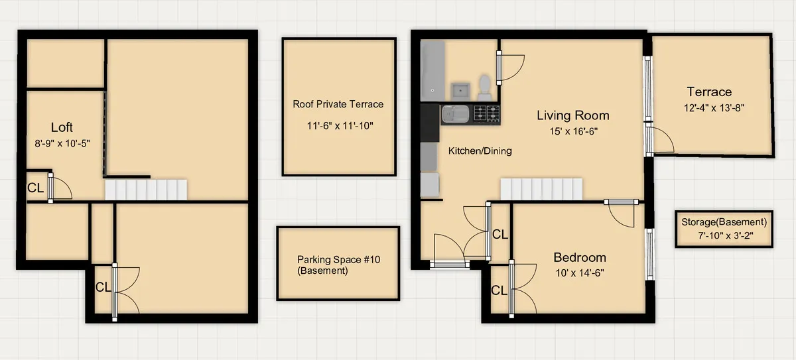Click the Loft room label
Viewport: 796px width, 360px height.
[62, 127]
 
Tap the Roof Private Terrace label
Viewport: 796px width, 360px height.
[338, 104]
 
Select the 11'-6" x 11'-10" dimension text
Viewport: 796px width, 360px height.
[338, 125]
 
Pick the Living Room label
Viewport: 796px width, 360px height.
[572, 115]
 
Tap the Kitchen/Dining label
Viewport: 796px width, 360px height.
[480, 151]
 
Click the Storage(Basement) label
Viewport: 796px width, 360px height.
[724, 222]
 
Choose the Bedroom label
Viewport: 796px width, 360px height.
[580, 257]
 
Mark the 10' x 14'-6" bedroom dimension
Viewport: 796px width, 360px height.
[580, 272]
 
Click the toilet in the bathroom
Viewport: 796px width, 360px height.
[485, 85]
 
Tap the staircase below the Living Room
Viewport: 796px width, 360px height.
[541, 189]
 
